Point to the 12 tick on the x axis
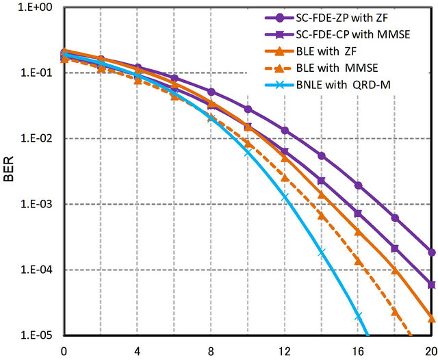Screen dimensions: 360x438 pos(284,352)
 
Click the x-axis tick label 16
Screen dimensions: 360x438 pos(358,352)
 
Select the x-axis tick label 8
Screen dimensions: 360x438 pos(211,352)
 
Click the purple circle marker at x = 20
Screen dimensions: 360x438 pos(431,252)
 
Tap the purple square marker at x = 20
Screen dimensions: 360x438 pos(431,285)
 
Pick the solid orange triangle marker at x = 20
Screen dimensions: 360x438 pos(431,318)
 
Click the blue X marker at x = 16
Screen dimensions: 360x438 pos(358,316)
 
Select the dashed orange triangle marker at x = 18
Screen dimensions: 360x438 pos(395,311)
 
